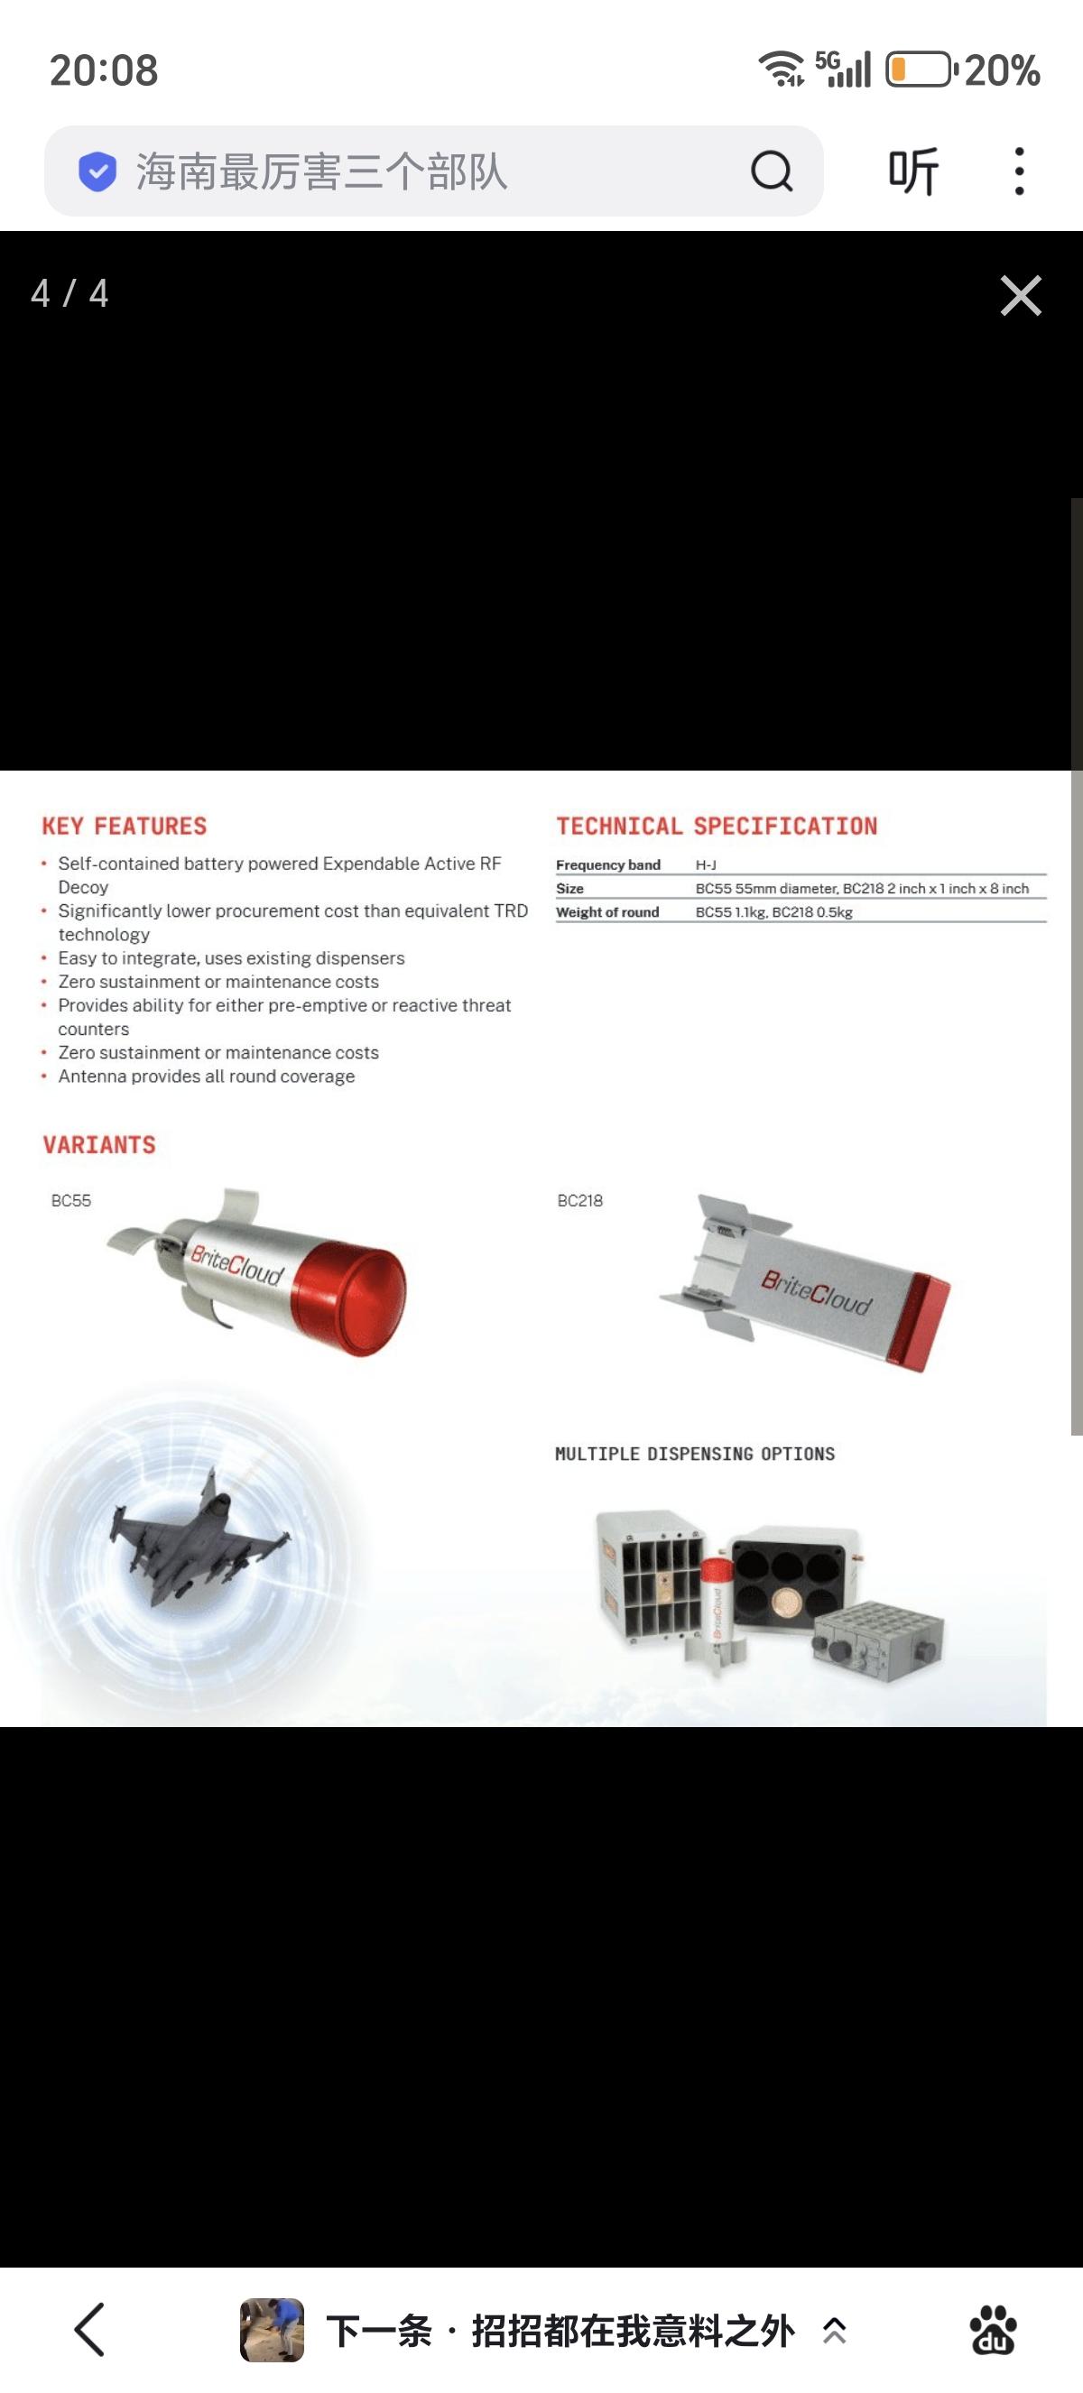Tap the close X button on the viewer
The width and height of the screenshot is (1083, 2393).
click(1021, 295)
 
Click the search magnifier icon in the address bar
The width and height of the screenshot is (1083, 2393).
click(772, 171)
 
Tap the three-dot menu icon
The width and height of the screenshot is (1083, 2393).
click(1019, 171)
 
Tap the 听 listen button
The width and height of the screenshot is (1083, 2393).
click(913, 171)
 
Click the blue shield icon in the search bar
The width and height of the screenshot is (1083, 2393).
click(97, 171)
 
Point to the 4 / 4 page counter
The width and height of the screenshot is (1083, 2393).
click(69, 293)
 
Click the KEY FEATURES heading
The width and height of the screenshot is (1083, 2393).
click(125, 826)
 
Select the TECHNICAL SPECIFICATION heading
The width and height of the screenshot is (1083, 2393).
click(716, 826)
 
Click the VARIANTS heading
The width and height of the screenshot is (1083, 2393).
click(99, 1144)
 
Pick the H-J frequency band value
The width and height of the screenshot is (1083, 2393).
click(706, 864)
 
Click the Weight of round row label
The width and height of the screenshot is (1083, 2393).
click(607, 912)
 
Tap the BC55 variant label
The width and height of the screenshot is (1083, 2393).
click(70, 1200)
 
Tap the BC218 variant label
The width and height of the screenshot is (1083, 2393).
click(579, 1200)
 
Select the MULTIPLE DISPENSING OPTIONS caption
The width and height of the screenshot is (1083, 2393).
click(695, 1454)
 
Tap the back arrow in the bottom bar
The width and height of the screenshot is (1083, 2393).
click(89, 2330)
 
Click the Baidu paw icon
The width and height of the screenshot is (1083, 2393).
click(993, 2330)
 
